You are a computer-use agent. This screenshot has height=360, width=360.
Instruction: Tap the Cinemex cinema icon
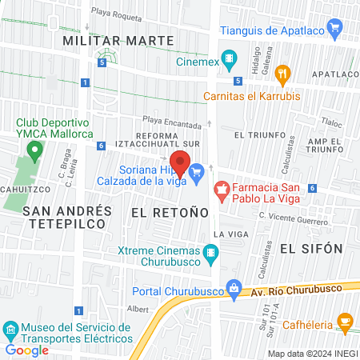tap(230, 58)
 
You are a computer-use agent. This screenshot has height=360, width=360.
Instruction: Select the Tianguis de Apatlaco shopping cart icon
tap(335, 31)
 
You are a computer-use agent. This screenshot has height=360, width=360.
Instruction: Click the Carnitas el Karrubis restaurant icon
tap(282, 75)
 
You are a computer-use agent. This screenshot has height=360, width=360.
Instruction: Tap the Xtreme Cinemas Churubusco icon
tap(211, 254)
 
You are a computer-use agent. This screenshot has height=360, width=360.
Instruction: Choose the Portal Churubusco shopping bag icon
tap(234, 288)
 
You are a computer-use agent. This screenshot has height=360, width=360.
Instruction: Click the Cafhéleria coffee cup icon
tap(346, 324)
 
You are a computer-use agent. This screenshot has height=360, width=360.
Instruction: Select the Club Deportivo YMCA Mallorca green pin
tap(34, 150)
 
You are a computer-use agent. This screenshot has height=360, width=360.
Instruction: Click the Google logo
tap(26, 350)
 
